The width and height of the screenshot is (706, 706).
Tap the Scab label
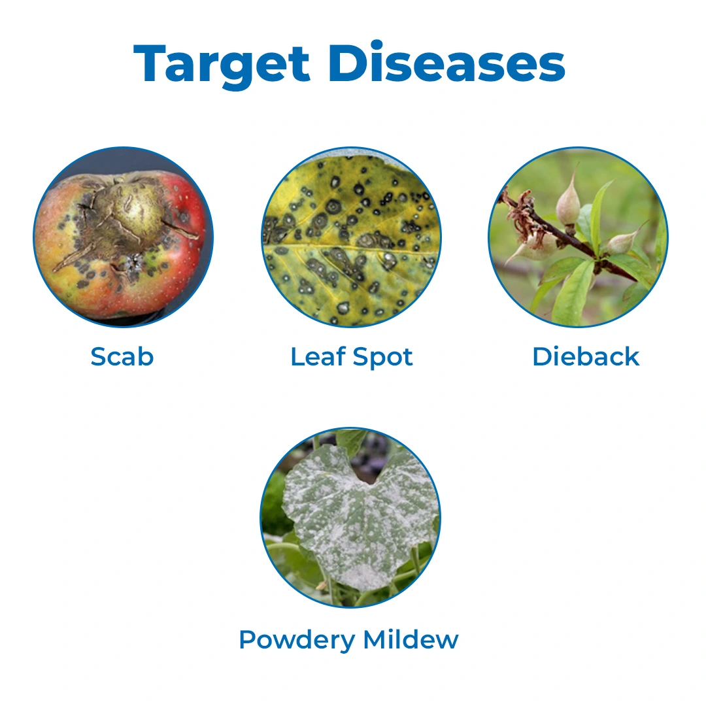122,357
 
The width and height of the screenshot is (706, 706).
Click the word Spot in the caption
382,358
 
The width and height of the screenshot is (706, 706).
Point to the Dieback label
586,357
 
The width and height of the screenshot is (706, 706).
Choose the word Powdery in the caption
297,640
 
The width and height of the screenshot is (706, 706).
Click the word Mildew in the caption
411,639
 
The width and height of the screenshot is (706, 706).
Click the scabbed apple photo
124,237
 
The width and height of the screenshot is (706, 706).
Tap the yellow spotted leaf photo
352,237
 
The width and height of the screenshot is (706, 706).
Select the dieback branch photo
578,237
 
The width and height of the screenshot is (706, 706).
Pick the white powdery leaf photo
351,517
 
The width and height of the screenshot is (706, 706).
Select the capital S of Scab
99,357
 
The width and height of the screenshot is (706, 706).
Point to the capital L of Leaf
298,357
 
